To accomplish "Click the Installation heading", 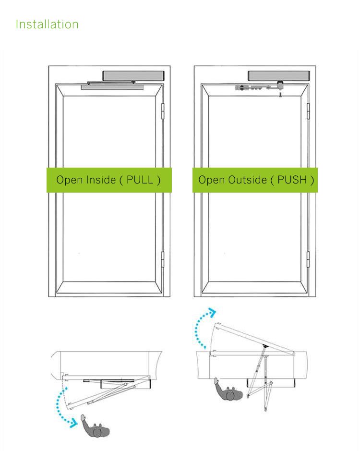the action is (x=47, y=24).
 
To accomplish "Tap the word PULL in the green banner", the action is (x=140, y=180).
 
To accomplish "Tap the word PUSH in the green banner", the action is (x=292, y=180).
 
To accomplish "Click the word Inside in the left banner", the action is (x=101, y=180).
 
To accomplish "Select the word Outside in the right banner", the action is (x=248, y=180).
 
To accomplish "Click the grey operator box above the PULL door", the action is (x=133, y=76).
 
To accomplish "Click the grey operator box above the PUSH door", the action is (x=279, y=76).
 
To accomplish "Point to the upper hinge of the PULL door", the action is (x=162, y=111).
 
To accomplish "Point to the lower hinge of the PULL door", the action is (x=162, y=259).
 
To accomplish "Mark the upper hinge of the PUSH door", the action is (x=308, y=111).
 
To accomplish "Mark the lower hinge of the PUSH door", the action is (x=308, y=259).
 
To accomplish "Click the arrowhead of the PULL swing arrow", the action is (x=74, y=423).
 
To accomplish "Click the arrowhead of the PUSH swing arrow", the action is (x=212, y=312).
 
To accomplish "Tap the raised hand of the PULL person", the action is (x=83, y=417).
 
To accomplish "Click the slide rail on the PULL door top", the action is (x=112, y=87).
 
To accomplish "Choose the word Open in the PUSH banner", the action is (x=212, y=180).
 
